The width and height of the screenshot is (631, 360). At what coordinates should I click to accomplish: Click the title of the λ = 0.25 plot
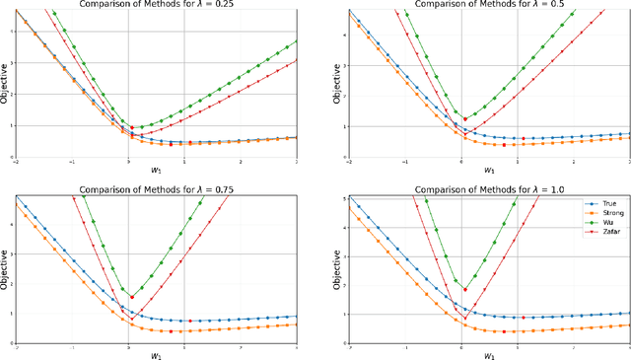point(157,5)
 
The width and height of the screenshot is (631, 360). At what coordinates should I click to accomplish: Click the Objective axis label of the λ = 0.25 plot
point(5,84)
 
